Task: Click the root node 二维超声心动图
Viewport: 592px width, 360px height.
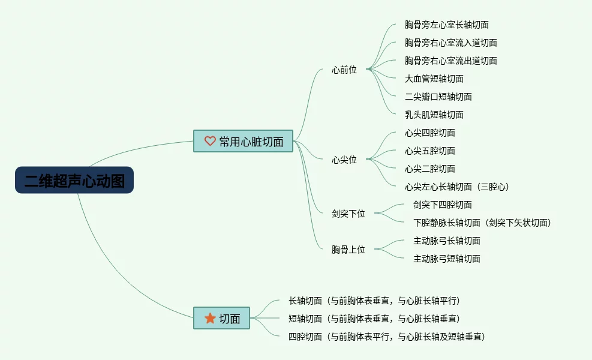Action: tap(74, 180)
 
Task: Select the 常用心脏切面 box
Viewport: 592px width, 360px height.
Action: tap(243, 141)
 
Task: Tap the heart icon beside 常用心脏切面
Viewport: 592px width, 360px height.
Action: tap(210, 141)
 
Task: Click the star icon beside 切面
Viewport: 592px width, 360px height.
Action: tap(210, 319)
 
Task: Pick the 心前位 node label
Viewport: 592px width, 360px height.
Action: tap(344, 70)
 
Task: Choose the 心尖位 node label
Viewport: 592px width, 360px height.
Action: tap(344, 160)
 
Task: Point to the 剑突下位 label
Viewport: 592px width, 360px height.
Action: tap(348, 214)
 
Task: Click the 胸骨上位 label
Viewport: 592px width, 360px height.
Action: tap(348, 250)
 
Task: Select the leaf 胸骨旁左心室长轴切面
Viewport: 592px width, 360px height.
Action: tap(447, 25)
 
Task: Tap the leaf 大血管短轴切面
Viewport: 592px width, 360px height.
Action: tap(434, 79)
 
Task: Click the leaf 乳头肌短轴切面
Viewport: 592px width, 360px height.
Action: tap(434, 115)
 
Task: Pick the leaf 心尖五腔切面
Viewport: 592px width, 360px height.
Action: tap(430, 151)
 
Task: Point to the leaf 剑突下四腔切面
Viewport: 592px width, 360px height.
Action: tap(443, 205)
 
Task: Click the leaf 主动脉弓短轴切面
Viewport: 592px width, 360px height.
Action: tap(447, 259)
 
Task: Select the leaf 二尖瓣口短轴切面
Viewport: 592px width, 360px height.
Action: tap(438, 97)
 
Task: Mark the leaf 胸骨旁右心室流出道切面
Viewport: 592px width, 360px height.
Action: tap(451, 61)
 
